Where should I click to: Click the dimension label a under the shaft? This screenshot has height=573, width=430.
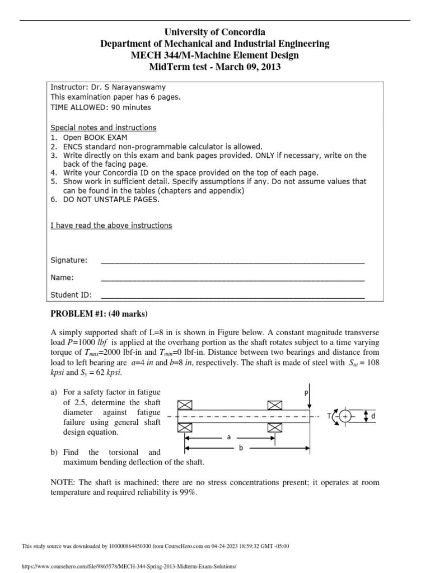(228, 438)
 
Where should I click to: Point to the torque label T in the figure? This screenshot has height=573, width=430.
(329, 417)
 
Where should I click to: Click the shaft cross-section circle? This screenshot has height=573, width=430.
(345, 417)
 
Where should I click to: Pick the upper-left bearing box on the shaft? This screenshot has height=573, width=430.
(185, 405)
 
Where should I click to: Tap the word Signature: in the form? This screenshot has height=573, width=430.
(69, 260)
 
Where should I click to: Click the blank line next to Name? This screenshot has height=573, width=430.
(232, 278)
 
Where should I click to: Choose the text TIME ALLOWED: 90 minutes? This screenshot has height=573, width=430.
(101, 107)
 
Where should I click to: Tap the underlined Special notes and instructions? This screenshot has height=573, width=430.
(104, 128)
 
